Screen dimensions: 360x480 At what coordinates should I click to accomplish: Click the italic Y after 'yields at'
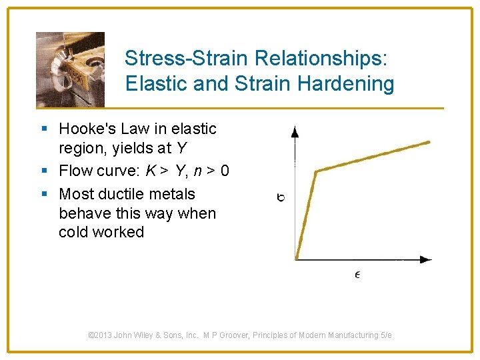(x=181, y=147)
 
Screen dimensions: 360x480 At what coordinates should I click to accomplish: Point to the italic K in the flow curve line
(x=151, y=171)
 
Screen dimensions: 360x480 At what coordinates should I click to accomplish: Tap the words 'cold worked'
(x=101, y=232)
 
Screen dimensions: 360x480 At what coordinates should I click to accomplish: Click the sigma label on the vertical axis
(x=281, y=197)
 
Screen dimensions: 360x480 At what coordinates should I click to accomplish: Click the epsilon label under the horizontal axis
(x=357, y=274)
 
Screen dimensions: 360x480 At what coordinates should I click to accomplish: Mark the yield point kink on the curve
(x=316, y=171)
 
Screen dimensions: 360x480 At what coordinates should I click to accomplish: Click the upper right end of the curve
(x=428, y=141)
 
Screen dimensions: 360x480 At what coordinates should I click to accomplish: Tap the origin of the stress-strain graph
(x=295, y=259)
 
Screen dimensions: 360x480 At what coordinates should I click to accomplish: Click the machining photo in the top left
(x=70, y=69)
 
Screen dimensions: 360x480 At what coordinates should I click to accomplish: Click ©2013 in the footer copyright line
(x=101, y=335)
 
